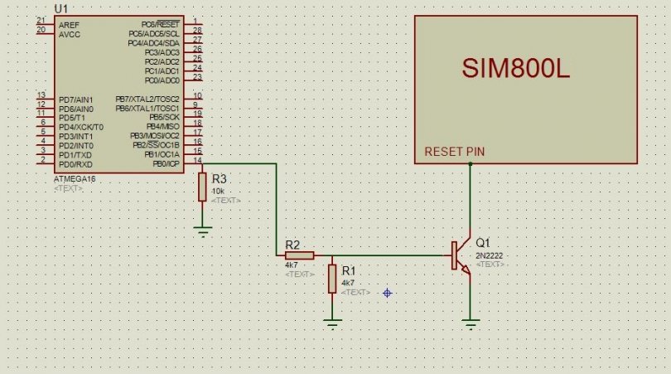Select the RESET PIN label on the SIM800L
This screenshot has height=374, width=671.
coord(455,152)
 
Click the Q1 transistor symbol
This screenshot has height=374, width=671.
coord(460,256)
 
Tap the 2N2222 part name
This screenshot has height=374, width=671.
coord(489,255)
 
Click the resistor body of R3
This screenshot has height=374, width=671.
coord(202,187)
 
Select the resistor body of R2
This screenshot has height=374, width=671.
coord(299,255)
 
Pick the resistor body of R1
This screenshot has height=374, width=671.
coord(332,279)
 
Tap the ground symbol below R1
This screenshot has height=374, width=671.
coord(332,323)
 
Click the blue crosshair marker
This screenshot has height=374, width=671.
coord(387,292)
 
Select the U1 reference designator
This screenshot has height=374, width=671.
coord(61,8)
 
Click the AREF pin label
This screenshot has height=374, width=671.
coord(69,24)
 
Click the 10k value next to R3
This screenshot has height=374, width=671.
coord(218,191)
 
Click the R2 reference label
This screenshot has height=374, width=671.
coord(292,245)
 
